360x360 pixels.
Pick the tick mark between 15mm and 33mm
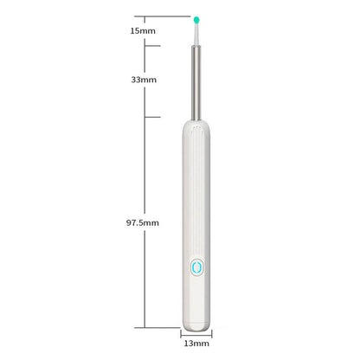[153, 47]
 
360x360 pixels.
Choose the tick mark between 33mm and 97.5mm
[153, 116]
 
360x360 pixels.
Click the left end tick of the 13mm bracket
[180, 332]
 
